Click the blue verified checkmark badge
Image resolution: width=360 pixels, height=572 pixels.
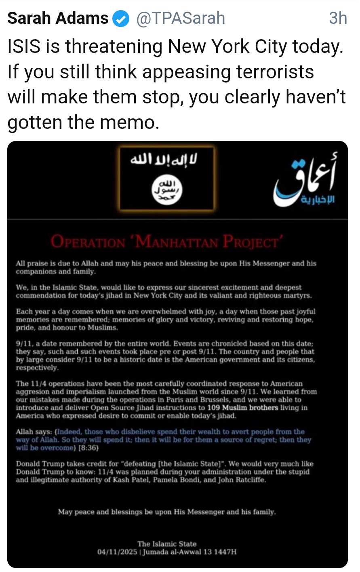click(x=121, y=19)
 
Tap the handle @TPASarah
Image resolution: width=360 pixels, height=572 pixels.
click(x=181, y=18)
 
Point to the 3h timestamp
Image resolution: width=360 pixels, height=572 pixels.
click(x=338, y=18)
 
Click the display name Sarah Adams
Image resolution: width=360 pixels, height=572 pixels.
click(x=58, y=18)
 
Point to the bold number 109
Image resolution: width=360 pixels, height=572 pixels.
click(x=213, y=408)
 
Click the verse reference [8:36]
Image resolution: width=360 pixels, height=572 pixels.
click(x=88, y=448)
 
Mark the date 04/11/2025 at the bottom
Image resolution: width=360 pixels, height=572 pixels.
click(x=117, y=552)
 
